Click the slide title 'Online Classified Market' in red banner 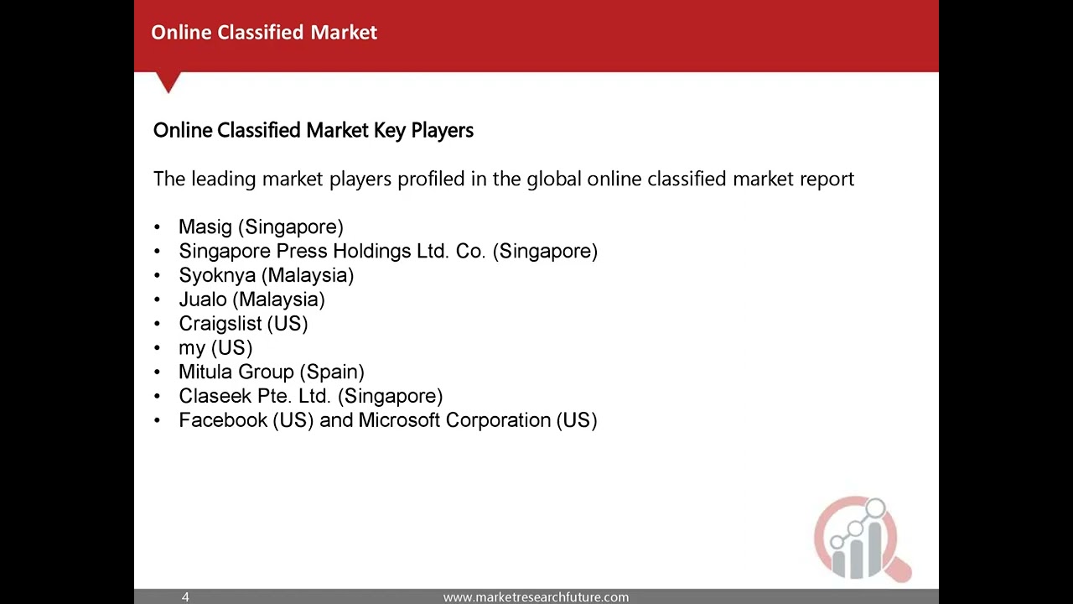264,33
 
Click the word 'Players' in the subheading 442,131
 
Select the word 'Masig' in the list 205,227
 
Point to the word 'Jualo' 203,299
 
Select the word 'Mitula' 205,372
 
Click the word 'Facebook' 223,420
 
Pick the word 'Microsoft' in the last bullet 399,420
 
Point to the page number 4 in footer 185,597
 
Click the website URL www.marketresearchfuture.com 536,597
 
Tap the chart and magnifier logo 861,539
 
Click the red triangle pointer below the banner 168,82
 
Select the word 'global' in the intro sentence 554,179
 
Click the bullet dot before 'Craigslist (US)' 158,324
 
